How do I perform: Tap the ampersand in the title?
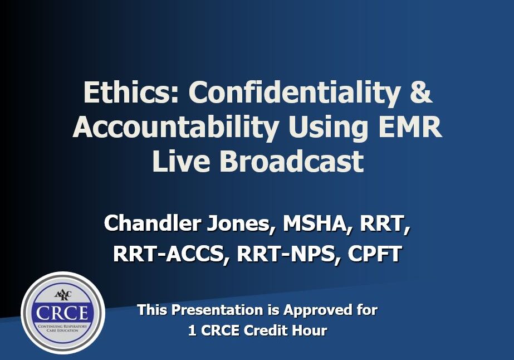(420, 93)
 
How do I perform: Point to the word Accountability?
(175, 127)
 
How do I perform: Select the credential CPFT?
(375, 254)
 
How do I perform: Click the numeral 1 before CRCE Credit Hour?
(192, 330)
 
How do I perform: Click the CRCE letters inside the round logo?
(62, 312)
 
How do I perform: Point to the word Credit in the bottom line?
(265, 330)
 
